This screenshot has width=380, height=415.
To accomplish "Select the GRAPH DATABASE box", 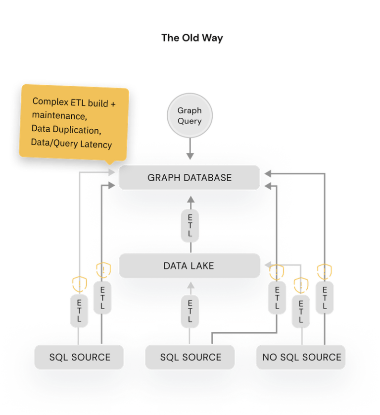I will [190, 177].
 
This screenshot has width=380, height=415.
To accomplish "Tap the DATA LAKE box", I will [190, 266].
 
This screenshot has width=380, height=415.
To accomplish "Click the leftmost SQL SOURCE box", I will [79, 357].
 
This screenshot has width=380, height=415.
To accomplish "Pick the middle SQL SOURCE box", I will [190, 357].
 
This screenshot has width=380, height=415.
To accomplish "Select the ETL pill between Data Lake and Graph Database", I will [190, 225].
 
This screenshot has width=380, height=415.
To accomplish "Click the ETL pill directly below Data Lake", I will [190, 311].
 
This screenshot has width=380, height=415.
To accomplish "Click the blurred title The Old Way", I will [192, 38].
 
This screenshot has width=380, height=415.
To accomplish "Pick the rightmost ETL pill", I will [324, 299].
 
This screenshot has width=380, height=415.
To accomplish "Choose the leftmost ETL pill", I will [79, 310].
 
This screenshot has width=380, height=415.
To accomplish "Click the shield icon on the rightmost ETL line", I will [325, 271].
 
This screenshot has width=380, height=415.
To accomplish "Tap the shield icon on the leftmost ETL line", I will [79, 284].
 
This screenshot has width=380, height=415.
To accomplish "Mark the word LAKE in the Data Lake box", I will [202, 266].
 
